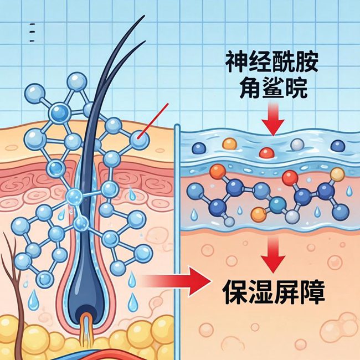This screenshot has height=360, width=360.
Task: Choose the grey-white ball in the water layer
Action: [x=298, y=145]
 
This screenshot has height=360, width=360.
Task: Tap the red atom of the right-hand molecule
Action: [x=289, y=177]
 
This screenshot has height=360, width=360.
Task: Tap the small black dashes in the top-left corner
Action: [x=32, y=33]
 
